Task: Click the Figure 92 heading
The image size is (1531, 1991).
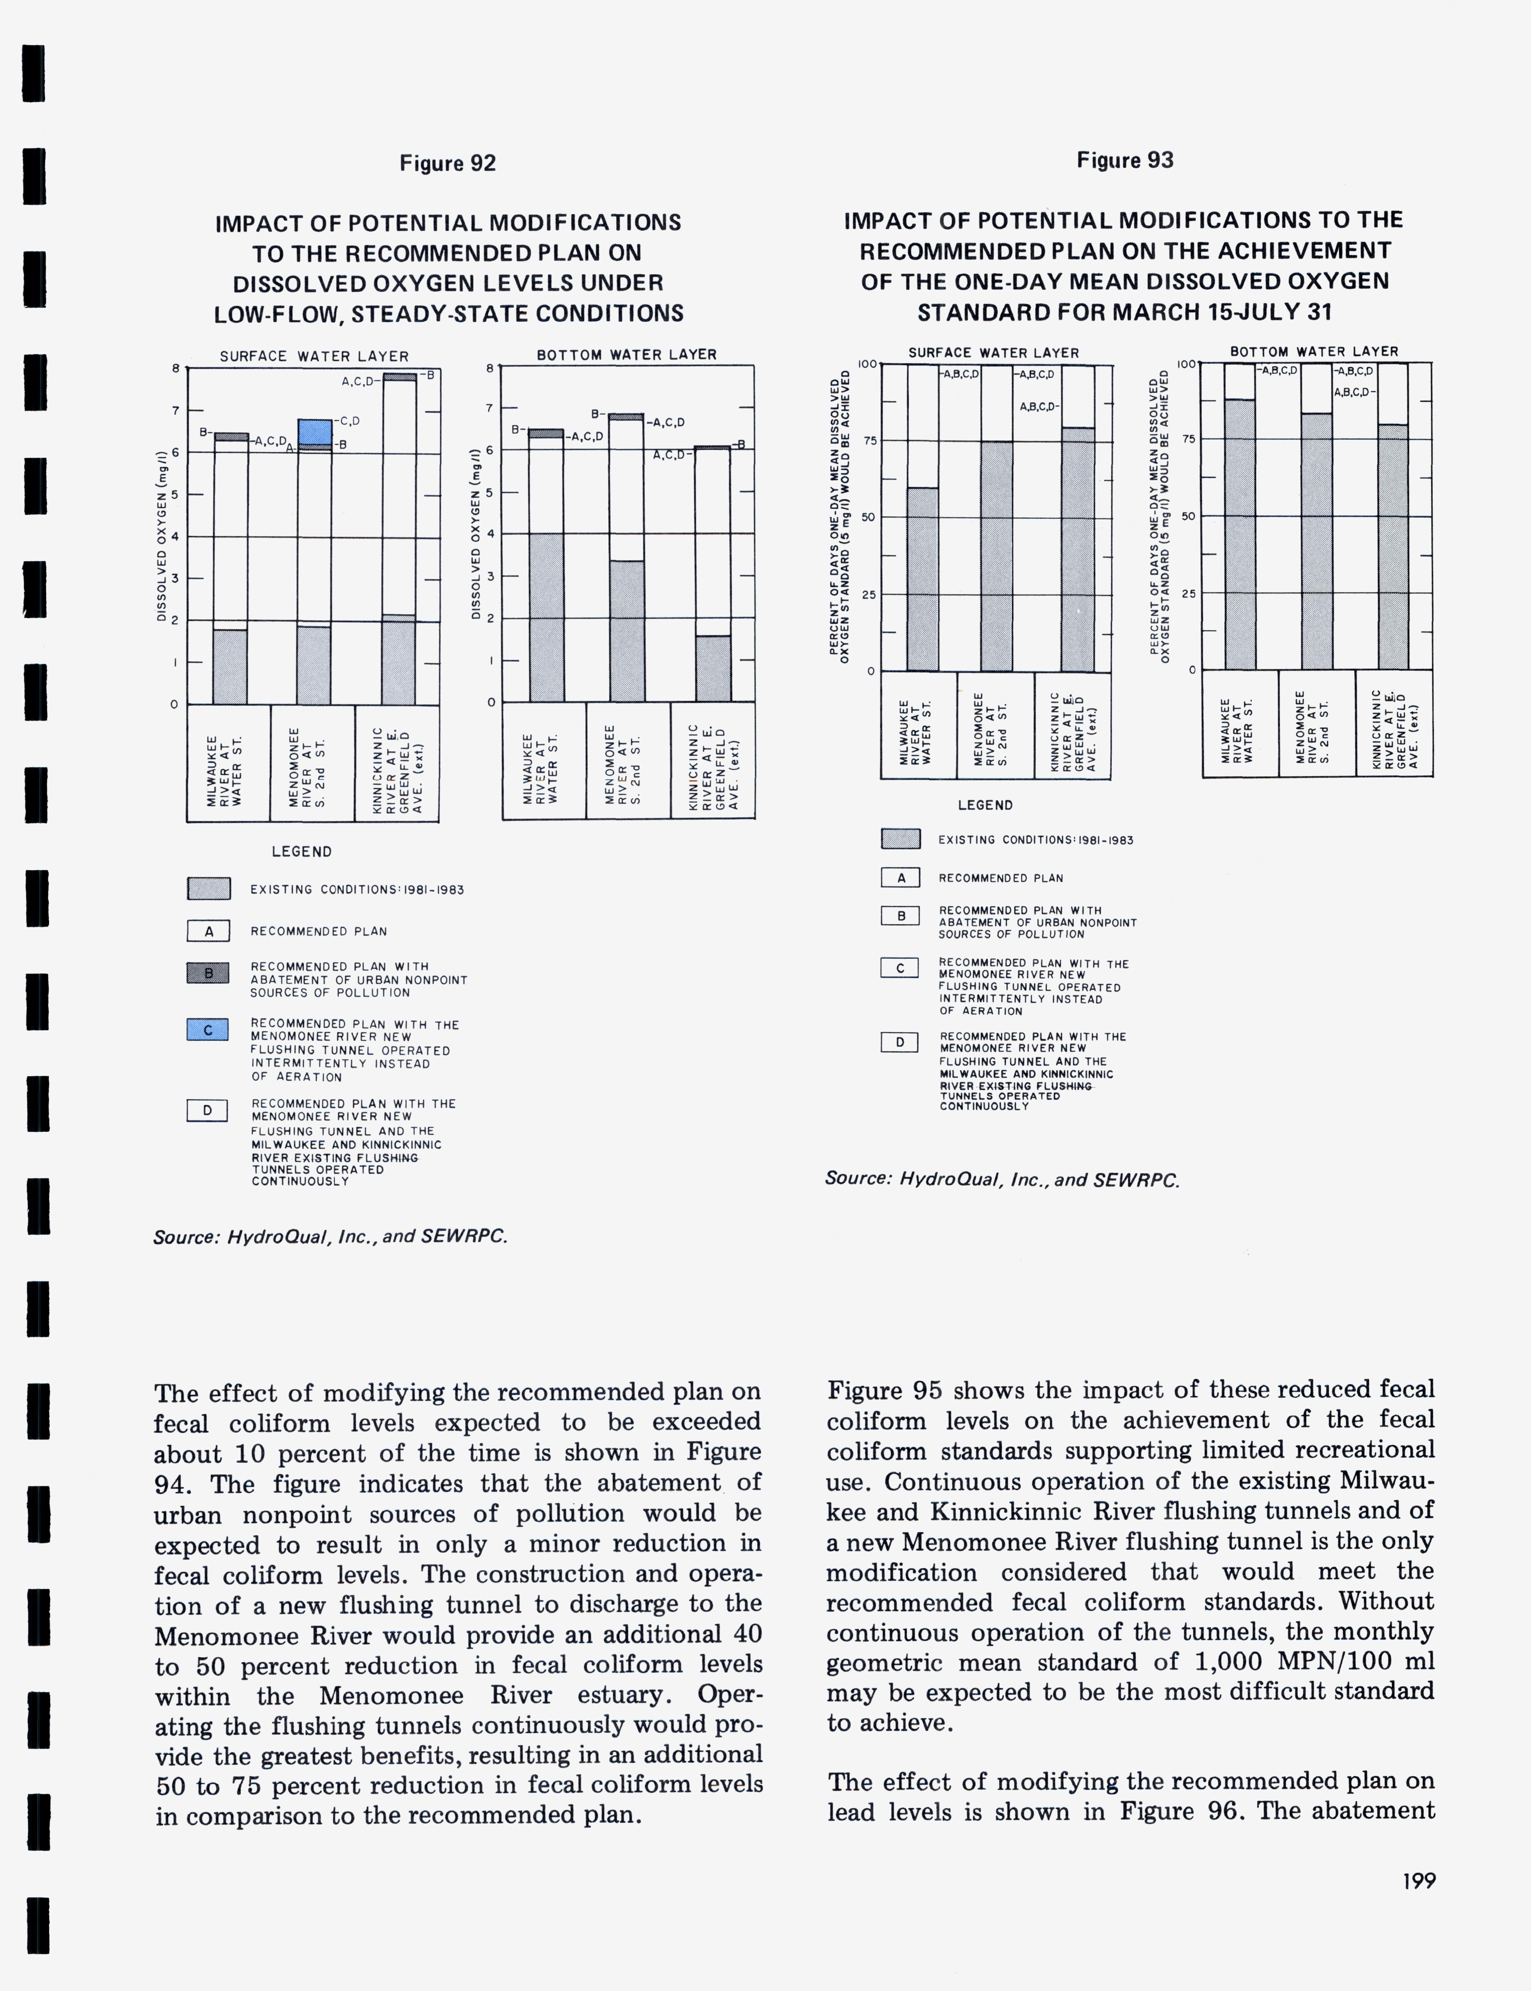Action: click(x=447, y=163)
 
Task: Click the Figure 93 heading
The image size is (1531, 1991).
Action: click(x=1125, y=160)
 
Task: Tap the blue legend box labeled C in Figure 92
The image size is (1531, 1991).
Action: click(x=208, y=1029)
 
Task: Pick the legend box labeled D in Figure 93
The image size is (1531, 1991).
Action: click(x=900, y=1041)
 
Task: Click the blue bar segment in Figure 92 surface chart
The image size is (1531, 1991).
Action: click(x=315, y=431)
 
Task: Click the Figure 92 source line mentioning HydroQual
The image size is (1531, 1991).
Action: click(x=330, y=1236)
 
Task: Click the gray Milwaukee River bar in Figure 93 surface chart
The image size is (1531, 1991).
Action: click(x=922, y=580)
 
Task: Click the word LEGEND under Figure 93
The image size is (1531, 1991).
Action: click(x=984, y=805)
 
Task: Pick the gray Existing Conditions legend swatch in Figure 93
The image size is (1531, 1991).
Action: click(x=900, y=839)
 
